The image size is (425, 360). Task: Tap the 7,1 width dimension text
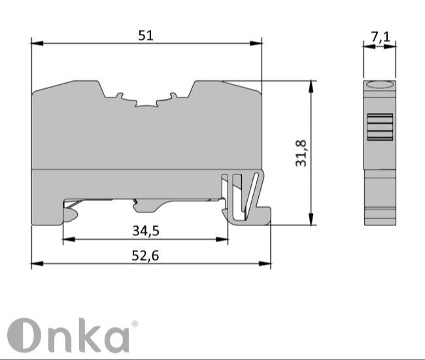pyautogui.click(x=380, y=37)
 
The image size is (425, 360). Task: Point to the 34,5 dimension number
pyautogui.click(x=146, y=230)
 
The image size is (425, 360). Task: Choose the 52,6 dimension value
pyautogui.click(x=145, y=255)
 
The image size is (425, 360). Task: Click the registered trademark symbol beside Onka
pyautogui.click(x=135, y=323)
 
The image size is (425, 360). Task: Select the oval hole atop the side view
pyautogui.click(x=379, y=85)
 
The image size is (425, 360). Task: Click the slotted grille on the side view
pyautogui.click(x=379, y=127)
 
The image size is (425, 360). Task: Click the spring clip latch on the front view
pyautogui.click(x=243, y=196)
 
